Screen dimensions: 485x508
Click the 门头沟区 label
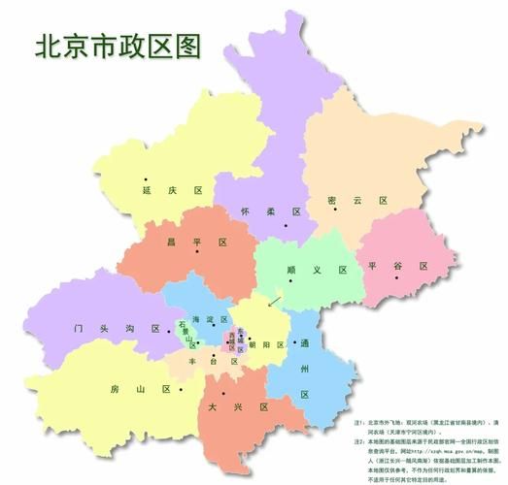tap(117, 329)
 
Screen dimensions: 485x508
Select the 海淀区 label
tap(211, 320)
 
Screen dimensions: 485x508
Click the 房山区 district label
tap(140, 389)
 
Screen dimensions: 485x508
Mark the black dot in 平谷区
tap(395, 279)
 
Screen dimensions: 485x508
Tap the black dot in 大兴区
tap(223, 393)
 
